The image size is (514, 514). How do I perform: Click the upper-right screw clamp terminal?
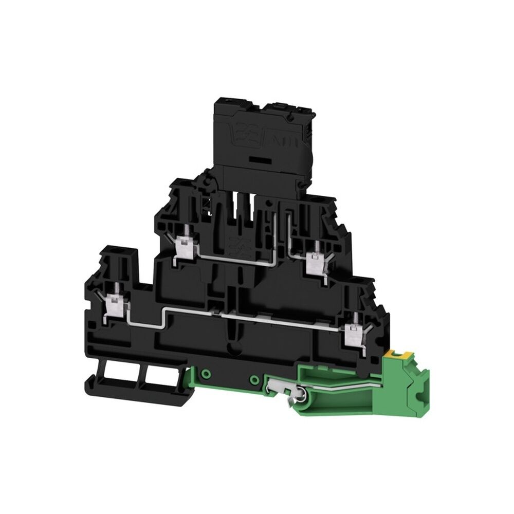[x=312, y=263]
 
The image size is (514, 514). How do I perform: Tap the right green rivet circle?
[x=254, y=379]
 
